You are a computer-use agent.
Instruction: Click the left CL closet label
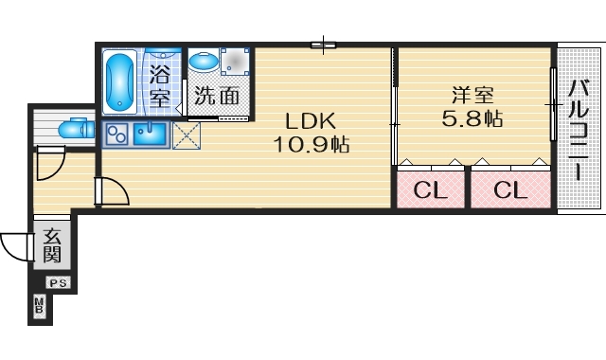coord(430,190)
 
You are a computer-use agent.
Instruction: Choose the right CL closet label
coord(509,190)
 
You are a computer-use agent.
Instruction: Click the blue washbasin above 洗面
coord(204,61)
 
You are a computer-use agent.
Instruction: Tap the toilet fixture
coord(70,128)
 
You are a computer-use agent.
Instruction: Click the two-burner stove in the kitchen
coord(117,135)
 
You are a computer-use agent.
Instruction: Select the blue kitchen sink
coord(151,134)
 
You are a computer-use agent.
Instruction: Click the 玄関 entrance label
coord(52,245)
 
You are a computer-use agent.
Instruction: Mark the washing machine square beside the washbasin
coord(234,63)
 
